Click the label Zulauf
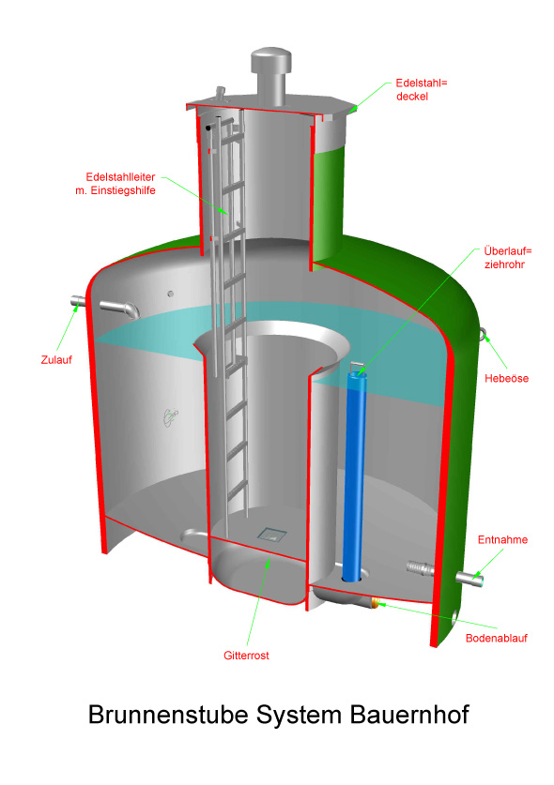(56, 359)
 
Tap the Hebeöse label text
(506, 379)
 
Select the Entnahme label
(502, 539)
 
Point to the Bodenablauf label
(497, 638)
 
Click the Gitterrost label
(246, 656)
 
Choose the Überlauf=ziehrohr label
(507, 257)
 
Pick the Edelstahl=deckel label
(422, 90)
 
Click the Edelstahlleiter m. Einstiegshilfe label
(115, 184)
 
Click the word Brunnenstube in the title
(168, 715)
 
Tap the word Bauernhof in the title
(409, 715)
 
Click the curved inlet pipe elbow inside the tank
(120, 309)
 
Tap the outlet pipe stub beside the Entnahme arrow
(469, 579)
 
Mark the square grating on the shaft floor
(272, 534)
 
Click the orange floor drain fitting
(374, 602)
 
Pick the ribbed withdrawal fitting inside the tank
(420, 568)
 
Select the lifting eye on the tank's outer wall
(483, 334)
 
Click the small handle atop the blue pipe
(357, 368)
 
